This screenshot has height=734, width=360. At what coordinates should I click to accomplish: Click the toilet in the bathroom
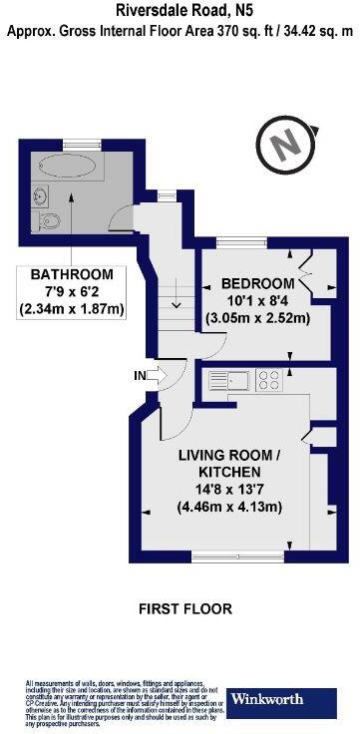tap(47, 218)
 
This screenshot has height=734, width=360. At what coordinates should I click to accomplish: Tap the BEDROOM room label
tap(258, 281)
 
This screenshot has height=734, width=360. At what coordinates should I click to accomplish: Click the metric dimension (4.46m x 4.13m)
tap(229, 507)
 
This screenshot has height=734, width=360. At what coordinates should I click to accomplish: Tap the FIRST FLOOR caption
tap(185, 607)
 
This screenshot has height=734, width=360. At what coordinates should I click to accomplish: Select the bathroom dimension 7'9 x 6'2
tap(71, 291)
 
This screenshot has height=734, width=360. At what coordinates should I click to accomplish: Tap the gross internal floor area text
tap(180, 31)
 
